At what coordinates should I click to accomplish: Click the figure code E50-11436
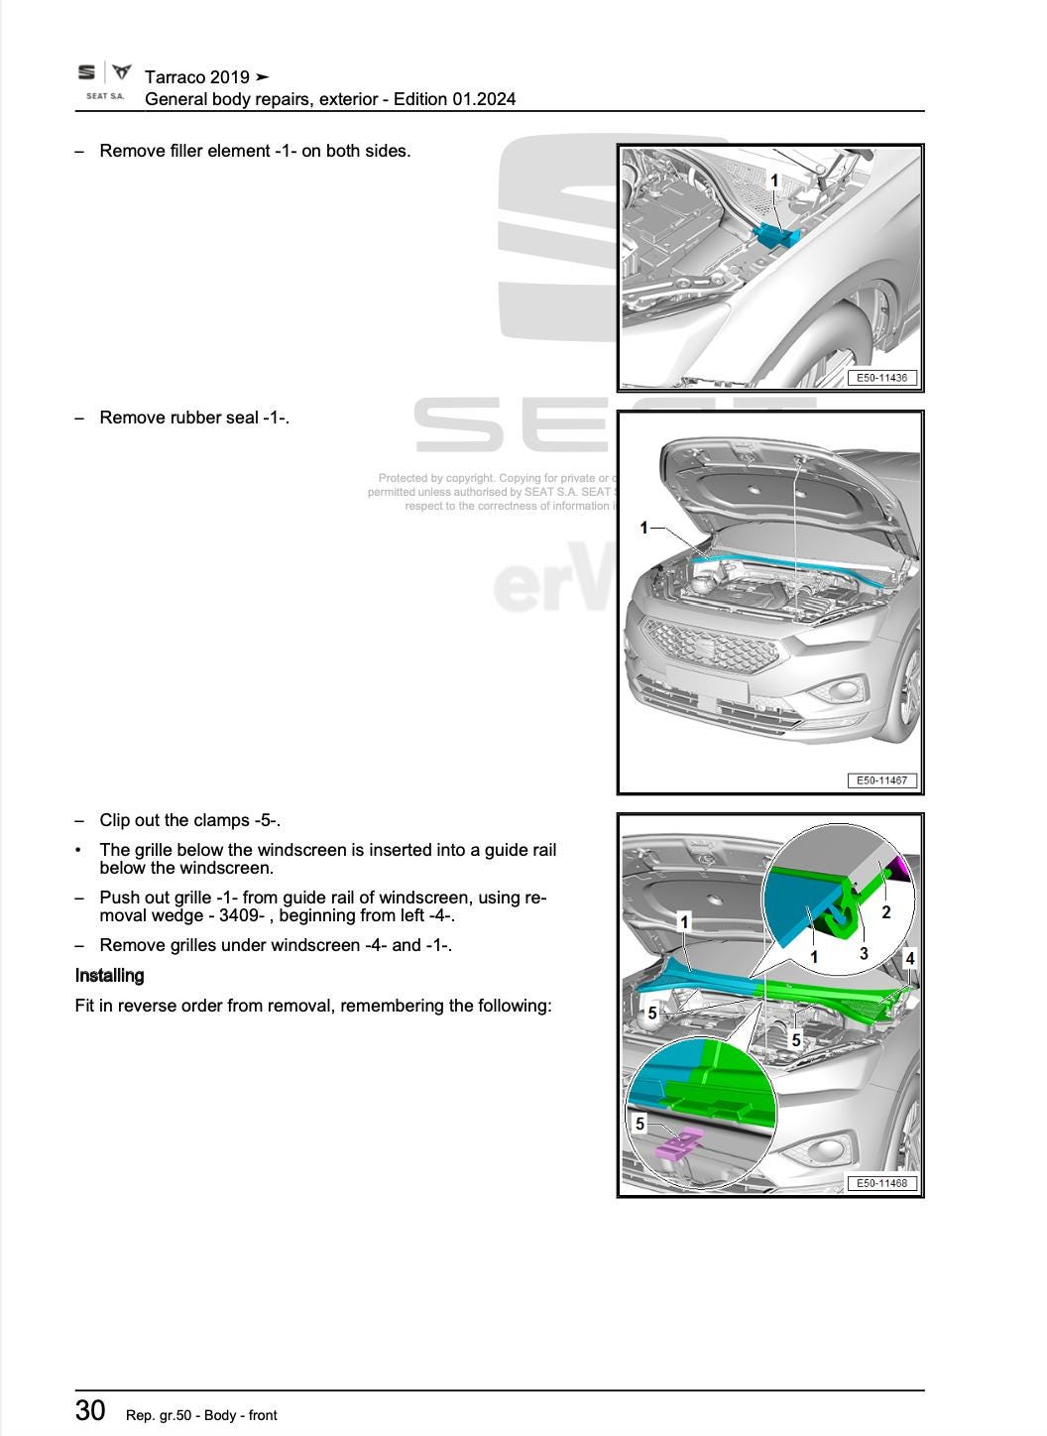pyautogui.click(x=881, y=378)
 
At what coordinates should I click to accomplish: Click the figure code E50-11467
pyautogui.click(x=881, y=780)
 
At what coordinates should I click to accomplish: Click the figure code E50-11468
pyautogui.click(x=881, y=1183)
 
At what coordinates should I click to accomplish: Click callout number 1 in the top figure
pyautogui.click(x=774, y=180)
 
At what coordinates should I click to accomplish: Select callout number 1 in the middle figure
pyautogui.click(x=643, y=528)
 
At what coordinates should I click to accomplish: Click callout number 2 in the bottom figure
pyautogui.click(x=886, y=912)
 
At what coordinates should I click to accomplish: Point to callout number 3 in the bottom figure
pyautogui.click(x=864, y=953)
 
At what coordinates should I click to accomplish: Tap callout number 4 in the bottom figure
pyautogui.click(x=909, y=958)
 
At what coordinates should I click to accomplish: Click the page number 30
pyautogui.click(x=90, y=1410)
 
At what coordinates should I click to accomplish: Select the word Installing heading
pyautogui.click(x=109, y=976)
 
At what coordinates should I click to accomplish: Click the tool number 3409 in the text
pyautogui.click(x=236, y=915)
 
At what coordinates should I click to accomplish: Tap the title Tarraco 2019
pyautogui.click(x=196, y=76)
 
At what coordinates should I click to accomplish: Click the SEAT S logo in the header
pyautogui.click(x=87, y=72)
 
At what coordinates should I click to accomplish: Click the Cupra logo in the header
pyautogui.click(x=121, y=72)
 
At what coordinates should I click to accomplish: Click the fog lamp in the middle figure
pyautogui.click(x=851, y=690)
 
